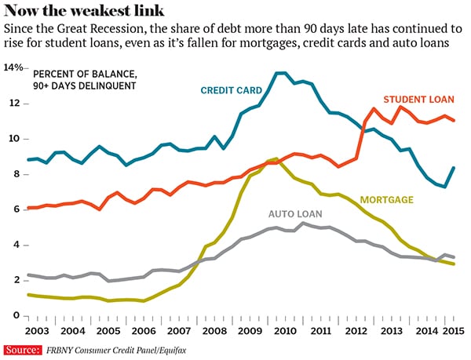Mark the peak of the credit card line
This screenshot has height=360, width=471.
click(x=281, y=73)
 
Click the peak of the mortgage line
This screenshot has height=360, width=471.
click(x=276, y=158)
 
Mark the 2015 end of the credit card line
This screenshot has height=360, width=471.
click(x=455, y=168)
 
